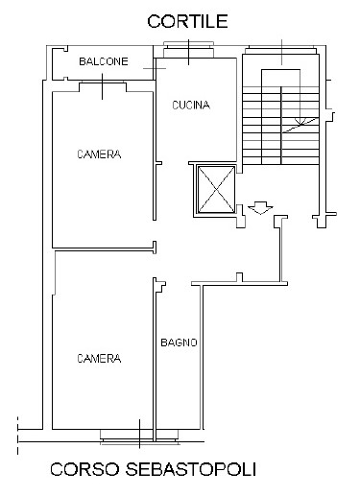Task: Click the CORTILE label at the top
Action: pos(187,21)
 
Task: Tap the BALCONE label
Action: pos(104,61)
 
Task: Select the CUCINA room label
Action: pos(191,105)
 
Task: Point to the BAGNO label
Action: pos(179,342)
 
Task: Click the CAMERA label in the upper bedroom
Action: pos(99,154)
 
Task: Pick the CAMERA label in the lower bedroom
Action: pos(99,359)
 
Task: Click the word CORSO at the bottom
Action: pos(84,469)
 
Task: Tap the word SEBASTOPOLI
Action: pos(191,469)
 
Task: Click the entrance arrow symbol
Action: pos(260,207)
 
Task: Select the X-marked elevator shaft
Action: pos(216,189)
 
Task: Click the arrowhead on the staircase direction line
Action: pos(300,122)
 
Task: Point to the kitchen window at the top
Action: pos(188,50)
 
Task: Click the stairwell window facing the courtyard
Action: pos(281,50)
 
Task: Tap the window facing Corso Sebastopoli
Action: pos(139,437)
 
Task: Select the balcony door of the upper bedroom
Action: pos(103,86)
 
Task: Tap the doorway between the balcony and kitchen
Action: pos(155,68)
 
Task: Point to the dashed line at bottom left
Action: pos(18,436)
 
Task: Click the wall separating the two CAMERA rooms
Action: pos(103,248)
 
